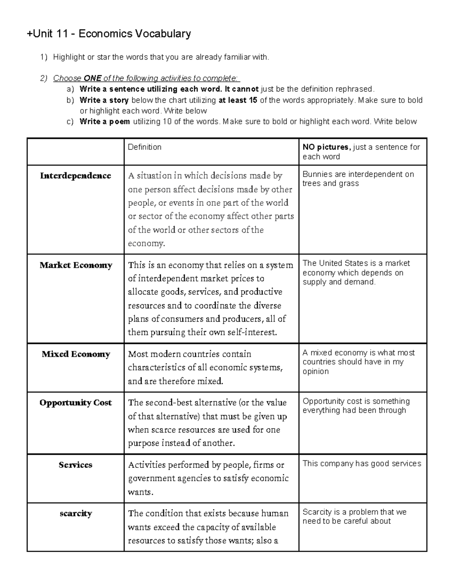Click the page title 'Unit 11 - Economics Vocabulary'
pyautogui.click(x=109, y=34)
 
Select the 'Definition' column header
pyautogui.click(x=145, y=147)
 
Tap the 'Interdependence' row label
pyautogui.click(x=75, y=176)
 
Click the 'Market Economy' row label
pyautogui.click(x=75, y=265)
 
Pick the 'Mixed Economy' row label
pyautogui.click(x=75, y=354)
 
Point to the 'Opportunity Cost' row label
pyautogui.click(x=75, y=403)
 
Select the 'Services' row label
pyautogui.click(x=75, y=465)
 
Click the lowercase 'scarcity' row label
pyautogui.click(x=75, y=514)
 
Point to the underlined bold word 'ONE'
pyautogui.click(x=92, y=78)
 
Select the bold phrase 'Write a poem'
pyautogui.click(x=105, y=122)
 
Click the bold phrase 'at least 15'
pyautogui.click(x=238, y=100)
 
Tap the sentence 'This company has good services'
pyautogui.click(x=362, y=463)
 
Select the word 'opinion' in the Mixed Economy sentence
pyautogui.click(x=316, y=371)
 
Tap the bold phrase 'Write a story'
pyautogui.click(x=104, y=100)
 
